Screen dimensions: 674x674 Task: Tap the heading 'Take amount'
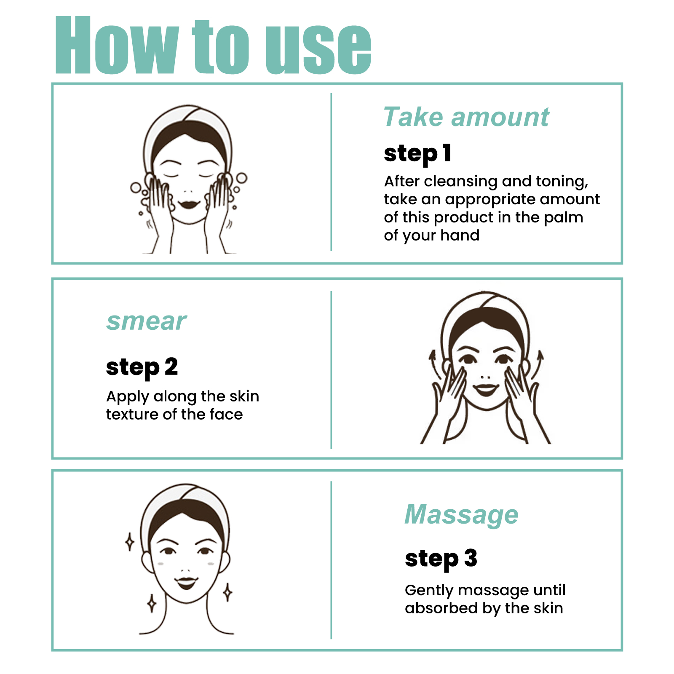pyautogui.click(x=466, y=117)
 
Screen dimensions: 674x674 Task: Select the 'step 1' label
pyautogui.click(x=417, y=153)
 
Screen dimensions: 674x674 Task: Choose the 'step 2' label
pyautogui.click(x=142, y=367)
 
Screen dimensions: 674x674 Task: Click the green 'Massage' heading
pyautogui.click(x=461, y=515)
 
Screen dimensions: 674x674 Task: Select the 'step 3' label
pyautogui.click(x=441, y=559)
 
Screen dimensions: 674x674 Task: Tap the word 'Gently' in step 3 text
pyautogui.click(x=429, y=591)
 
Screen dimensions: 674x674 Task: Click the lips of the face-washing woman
pyautogui.click(x=189, y=204)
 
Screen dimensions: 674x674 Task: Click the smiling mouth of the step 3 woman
pyautogui.click(x=186, y=583)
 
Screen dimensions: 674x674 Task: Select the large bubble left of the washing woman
pyautogui.click(x=136, y=187)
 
